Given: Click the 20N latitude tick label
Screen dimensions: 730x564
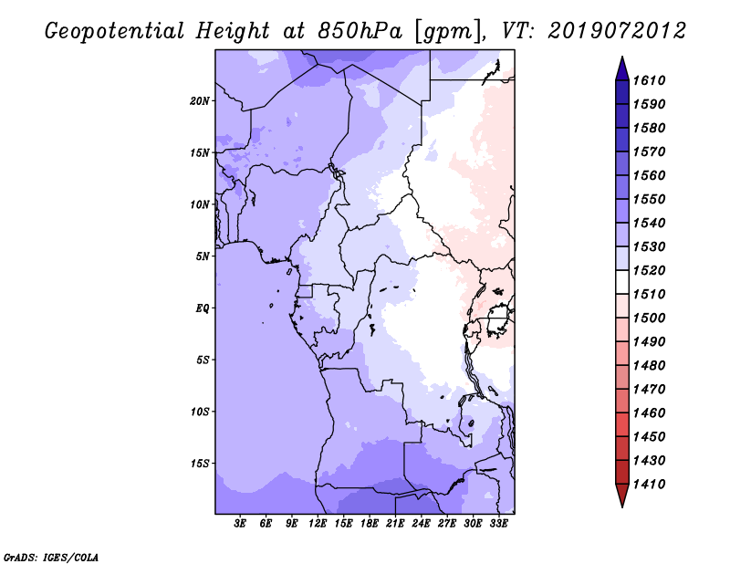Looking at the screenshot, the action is click(x=200, y=101).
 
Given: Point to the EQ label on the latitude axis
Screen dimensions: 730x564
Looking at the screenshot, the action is click(x=203, y=308).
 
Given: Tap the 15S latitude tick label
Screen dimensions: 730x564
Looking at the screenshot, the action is click(x=200, y=464).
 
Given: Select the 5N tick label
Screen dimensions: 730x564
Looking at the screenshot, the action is click(x=203, y=256).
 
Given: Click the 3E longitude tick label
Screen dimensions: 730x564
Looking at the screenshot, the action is click(x=240, y=524).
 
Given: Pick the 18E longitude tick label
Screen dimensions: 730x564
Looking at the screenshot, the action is click(x=370, y=524).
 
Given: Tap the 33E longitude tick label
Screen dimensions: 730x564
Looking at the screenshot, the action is click(x=498, y=524).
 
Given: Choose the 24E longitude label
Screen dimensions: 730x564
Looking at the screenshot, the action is click(x=421, y=524).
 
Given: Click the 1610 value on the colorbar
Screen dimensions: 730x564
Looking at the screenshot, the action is click(x=650, y=80).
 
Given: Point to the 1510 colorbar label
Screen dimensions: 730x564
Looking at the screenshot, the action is click(x=650, y=295).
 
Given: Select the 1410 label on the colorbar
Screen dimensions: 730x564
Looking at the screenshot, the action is click(x=650, y=485).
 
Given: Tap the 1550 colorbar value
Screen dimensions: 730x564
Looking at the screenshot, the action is click(x=650, y=199).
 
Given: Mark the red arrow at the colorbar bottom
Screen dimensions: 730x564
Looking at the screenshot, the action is click(x=622, y=494).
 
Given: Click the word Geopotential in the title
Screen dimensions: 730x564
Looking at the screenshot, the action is click(x=115, y=32).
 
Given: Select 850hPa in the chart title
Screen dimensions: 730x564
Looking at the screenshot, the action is click(x=360, y=31).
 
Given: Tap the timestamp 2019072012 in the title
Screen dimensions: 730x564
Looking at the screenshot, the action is click(x=617, y=31).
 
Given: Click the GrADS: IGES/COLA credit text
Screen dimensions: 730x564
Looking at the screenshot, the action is click(x=51, y=558).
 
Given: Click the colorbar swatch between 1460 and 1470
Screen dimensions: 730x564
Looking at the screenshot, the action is click(x=622, y=401).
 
